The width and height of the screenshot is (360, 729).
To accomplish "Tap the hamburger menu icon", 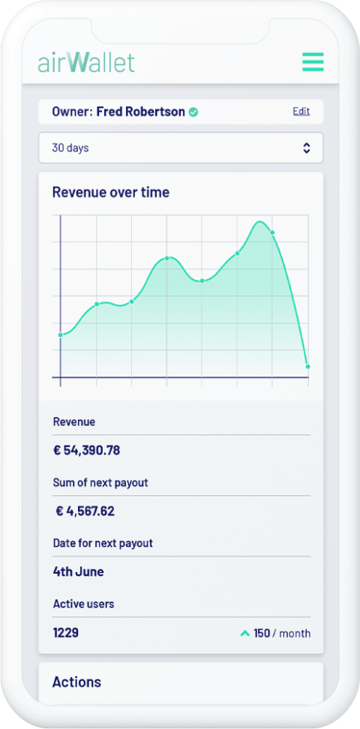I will (313, 61).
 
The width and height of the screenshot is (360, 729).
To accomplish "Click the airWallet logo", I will (86, 61).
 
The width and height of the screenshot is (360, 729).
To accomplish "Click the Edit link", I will (301, 112).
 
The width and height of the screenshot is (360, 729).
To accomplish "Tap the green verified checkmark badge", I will (193, 112).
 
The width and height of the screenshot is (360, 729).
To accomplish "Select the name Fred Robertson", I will (141, 112).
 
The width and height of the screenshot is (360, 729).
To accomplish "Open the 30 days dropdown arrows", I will (306, 148).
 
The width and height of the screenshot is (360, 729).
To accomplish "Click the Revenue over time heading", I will (110, 192).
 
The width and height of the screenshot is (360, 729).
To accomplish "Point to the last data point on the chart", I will (307, 366).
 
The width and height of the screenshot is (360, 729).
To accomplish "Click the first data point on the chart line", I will (61, 334).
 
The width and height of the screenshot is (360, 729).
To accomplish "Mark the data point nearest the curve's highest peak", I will (272, 232).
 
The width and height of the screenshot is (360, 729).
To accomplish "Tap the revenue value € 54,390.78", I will (86, 451).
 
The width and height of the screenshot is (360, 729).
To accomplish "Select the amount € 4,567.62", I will (85, 511).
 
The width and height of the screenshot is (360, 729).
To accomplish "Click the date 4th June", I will (78, 571).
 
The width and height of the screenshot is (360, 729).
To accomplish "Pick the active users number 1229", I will (65, 633).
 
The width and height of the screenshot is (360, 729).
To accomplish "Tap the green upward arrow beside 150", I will (244, 634).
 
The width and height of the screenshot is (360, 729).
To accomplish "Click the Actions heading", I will (76, 682).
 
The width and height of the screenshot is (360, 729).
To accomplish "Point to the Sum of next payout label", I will (100, 483).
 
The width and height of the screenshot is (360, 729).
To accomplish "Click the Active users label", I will (83, 604).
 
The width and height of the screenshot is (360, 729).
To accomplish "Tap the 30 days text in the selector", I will (70, 148).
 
